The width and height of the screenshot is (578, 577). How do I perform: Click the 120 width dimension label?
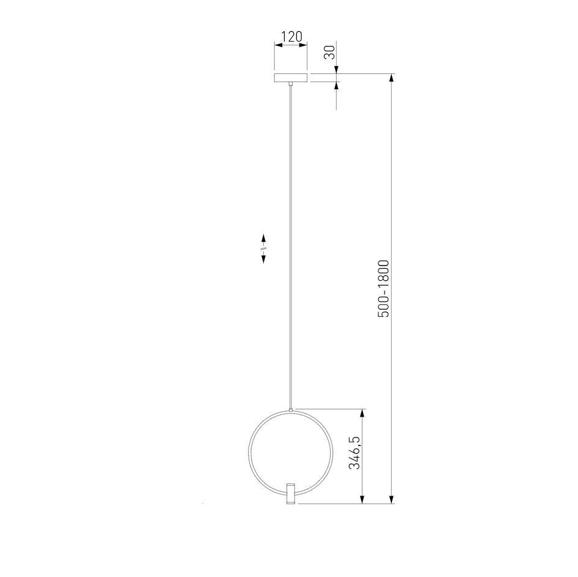pos(291,37)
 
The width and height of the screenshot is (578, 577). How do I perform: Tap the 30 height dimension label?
pos(330,52)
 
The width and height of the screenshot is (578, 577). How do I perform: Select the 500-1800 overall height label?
pos(383,289)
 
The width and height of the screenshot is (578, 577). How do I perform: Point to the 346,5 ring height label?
pos(355,452)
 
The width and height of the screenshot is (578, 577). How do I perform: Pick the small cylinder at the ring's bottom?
pos(291,493)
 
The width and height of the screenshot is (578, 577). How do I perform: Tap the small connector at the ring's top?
pos(291,410)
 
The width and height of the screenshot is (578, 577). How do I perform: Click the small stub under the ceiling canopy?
pos(291,84)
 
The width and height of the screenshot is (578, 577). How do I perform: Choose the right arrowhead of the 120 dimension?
pos(303,45)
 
